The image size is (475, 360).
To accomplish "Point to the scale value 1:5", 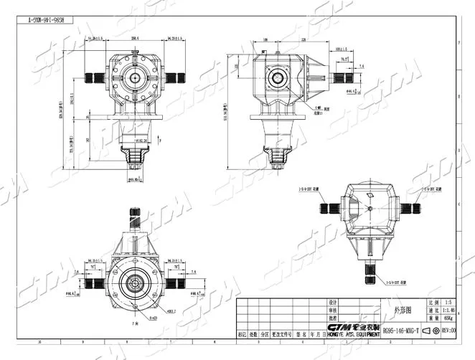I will coord(450,302).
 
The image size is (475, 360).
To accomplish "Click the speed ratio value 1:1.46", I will coord(450,311).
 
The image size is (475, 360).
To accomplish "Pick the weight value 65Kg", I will coord(450,319).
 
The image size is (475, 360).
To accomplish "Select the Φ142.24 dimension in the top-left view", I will coord(151,141).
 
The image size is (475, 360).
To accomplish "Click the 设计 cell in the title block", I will coord(332,302).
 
